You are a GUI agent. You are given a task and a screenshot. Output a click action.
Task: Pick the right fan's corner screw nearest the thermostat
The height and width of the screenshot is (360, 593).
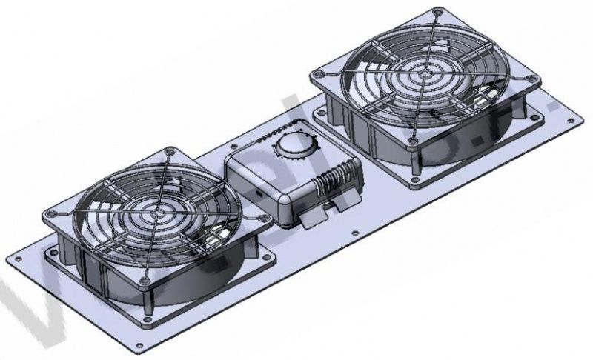tap(317, 75)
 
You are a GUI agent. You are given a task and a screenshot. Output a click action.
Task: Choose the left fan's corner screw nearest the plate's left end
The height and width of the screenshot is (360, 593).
tap(49, 212)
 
